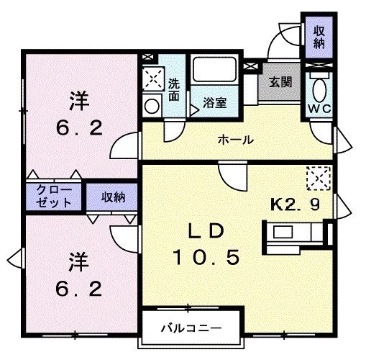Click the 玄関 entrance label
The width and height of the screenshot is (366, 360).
pyautogui.click(x=280, y=82)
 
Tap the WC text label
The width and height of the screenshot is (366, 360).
pyautogui.click(x=319, y=109)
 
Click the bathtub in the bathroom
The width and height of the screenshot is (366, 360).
pyautogui.click(x=214, y=69)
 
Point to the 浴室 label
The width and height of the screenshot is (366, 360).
pyautogui.click(x=215, y=103)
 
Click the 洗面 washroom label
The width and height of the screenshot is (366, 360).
pyautogui.click(x=174, y=89)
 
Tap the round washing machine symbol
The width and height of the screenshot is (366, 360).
pyautogui.click(x=152, y=106)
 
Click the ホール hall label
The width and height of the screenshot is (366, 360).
pyautogui.click(x=236, y=140)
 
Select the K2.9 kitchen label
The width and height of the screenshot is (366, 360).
pyautogui.click(x=295, y=204)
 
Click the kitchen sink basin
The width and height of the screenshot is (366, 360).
pyautogui.click(x=283, y=232)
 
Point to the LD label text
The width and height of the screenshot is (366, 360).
pyautogui.click(x=206, y=230)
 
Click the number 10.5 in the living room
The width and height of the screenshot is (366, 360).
pyautogui.click(x=206, y=257)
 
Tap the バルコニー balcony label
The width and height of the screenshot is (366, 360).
pyautogui.click(x=191, y=328)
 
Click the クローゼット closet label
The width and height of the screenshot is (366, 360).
pyautogui.click(x=54, y=197)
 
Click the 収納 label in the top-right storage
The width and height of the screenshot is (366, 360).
pyautogui.click(x=319, y=37)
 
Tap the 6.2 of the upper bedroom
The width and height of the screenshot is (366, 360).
pyautogui.click(x=79, y=128)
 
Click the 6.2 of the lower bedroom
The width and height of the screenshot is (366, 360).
pyautogui.click(x=79, y=289)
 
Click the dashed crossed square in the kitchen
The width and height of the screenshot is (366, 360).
pyautogui.click(x=319, y=179)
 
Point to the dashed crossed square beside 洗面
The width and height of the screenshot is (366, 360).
pyautogui.click(x=153, y=78)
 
